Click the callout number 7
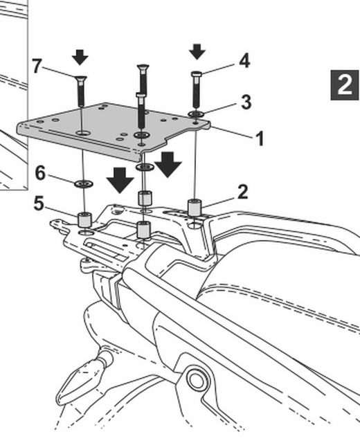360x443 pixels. point(37,66)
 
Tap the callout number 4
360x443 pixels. point(244,61)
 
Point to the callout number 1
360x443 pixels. point(260,138)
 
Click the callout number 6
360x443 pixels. point(40,173)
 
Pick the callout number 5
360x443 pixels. point(39,204)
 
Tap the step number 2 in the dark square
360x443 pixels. point(345,84)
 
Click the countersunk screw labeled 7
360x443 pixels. point(81,91)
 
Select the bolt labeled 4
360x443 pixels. point(197,89)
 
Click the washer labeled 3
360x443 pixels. point(197,114)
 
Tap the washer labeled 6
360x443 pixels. point(84,184)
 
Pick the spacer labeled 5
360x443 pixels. point(84,220)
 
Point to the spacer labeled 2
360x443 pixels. point(195,208)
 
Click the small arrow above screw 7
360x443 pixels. point(80,57)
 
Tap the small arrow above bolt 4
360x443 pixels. point(197,52)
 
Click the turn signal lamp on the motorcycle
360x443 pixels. point(82,379)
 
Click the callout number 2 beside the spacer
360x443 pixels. point(243,192)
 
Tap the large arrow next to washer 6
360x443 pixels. point(120,180)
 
